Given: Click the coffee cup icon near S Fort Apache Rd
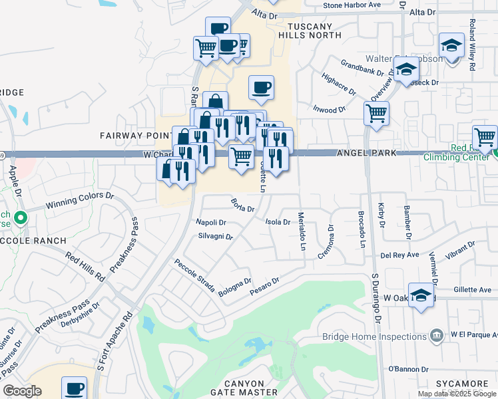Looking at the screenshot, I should point(74,388).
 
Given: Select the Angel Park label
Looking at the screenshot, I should point(367,153).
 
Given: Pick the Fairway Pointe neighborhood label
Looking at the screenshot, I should point(137,136).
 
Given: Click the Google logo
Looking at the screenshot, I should point(23,391).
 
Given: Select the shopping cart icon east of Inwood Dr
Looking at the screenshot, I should point(377,113).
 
